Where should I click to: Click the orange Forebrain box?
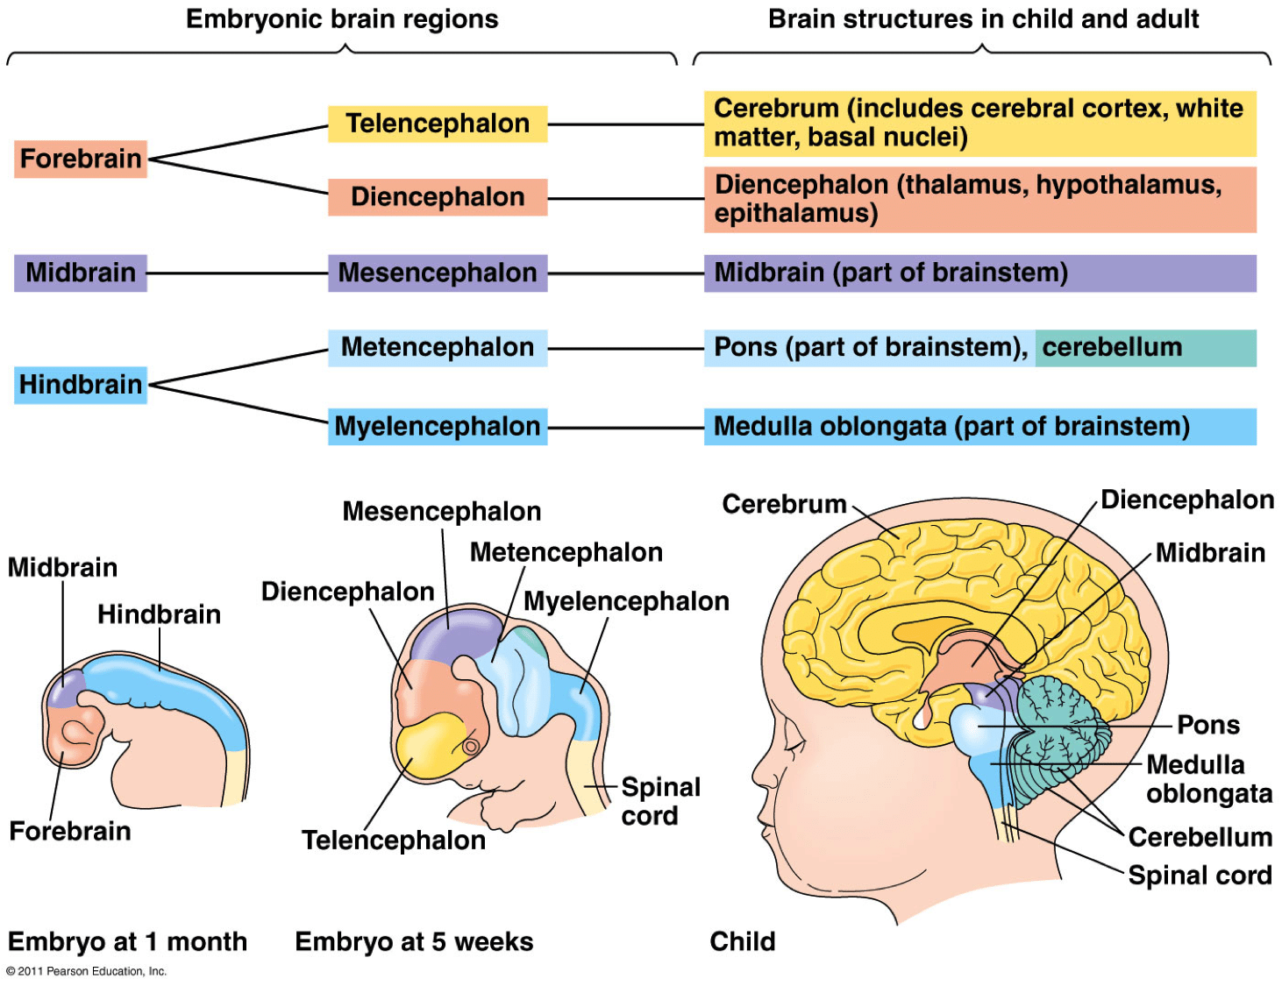80,159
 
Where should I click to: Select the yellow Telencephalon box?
438,124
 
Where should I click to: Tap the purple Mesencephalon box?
438,273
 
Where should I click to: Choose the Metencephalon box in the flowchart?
438,347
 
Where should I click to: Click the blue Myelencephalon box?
438,427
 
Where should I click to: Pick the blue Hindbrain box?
80,385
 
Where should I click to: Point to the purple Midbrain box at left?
80,273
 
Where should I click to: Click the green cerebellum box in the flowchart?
1144,347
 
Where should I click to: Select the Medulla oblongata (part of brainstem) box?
979,427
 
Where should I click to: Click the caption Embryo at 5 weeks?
414,941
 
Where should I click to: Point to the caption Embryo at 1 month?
127,941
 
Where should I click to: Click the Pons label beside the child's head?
1207,725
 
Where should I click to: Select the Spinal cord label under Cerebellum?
1199,875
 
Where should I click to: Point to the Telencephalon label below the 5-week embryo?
393,840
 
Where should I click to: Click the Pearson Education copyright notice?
86,971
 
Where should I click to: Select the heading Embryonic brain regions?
342,19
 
